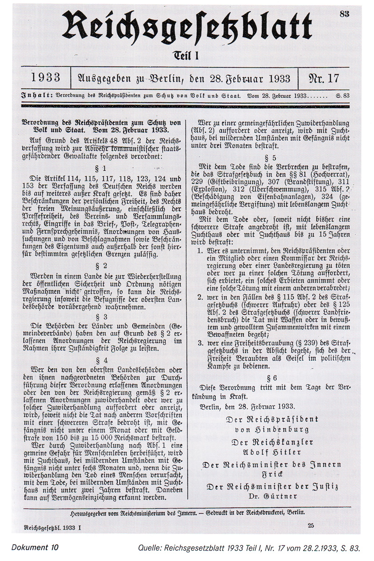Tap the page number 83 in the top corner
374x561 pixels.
click(345, 15)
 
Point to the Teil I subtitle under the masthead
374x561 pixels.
click(187, 55)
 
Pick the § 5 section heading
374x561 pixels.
click(274, 158)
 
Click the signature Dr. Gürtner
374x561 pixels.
click(274, 495)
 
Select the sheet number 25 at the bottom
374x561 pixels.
click(311, 525)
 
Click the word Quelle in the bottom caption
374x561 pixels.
click(151, 546)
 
